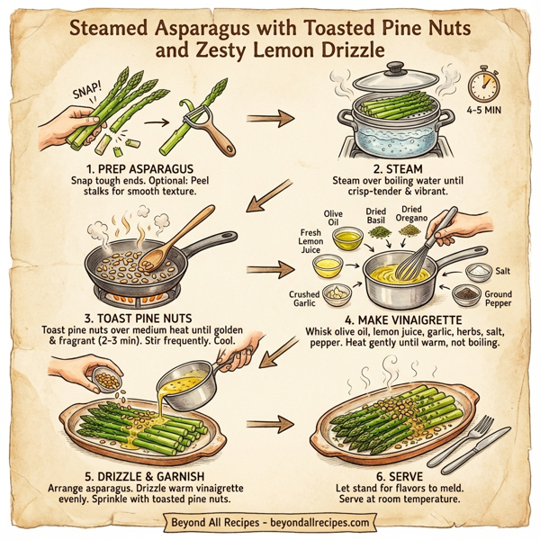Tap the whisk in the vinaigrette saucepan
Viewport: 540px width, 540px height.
pos(422,254)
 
